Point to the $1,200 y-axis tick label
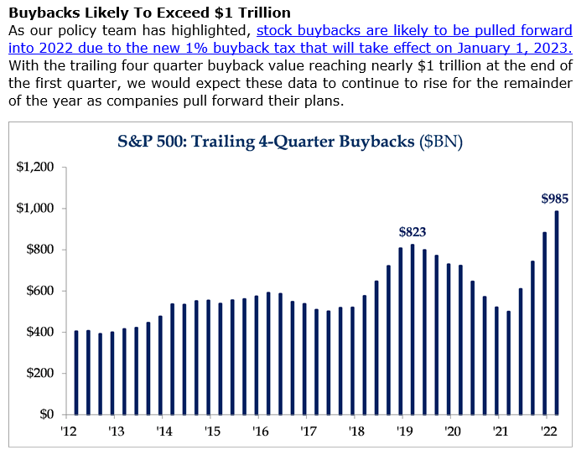[35, 167]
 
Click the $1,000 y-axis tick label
[35, 208]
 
